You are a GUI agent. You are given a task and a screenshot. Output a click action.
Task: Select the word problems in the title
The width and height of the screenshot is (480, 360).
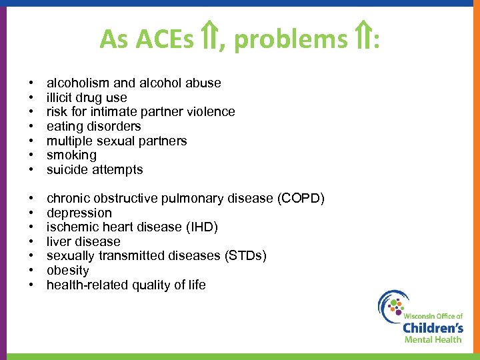(290, 41)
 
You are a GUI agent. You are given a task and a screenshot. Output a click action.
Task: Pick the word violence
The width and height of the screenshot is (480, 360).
(211, 112)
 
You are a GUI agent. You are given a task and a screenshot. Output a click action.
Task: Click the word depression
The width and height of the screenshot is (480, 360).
(79, 213)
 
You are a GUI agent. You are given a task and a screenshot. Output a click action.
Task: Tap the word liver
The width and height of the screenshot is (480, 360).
(58, 242)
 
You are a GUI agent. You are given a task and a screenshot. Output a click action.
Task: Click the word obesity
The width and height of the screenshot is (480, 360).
(68, 271)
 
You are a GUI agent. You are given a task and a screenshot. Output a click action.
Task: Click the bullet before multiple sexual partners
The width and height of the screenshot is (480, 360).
(31, 141)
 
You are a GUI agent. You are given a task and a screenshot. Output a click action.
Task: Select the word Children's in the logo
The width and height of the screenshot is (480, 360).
(433, 327)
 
